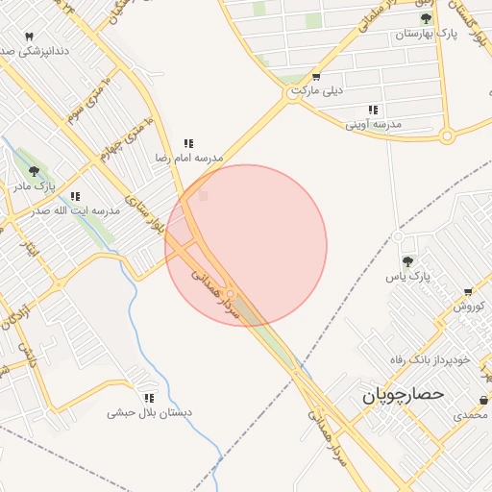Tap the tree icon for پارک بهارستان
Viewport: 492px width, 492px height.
426,18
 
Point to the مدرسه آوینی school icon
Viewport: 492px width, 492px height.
373,111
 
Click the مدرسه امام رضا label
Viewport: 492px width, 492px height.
190,157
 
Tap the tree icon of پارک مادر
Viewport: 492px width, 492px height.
35,171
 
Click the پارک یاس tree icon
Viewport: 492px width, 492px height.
407,260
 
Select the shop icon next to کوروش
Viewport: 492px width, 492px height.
468,292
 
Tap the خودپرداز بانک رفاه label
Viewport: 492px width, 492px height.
429,359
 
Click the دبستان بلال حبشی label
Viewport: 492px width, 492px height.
149,413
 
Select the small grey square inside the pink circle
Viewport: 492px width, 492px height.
203,196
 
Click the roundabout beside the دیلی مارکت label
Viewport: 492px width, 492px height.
291,95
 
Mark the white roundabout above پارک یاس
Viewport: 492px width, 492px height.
397,236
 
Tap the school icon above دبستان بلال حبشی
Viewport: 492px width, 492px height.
149,397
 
